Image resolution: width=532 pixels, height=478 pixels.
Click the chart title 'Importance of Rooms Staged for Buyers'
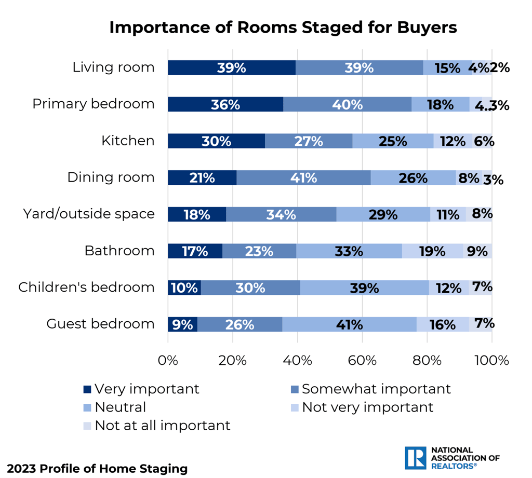click(x=283, y=28)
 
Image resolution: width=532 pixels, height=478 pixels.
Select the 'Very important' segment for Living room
click(x=232, y=67)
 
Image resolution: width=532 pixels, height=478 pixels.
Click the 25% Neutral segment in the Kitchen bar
click(x=393, y=141)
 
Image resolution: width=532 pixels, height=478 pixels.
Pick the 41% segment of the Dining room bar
click(x=303, y=177)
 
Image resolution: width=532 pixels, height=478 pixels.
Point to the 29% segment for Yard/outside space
click(x=383, y=214)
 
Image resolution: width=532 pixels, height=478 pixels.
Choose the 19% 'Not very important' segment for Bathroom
click(x=432, y=251)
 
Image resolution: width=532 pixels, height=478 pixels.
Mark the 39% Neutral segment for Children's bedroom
click(x=365, y=288)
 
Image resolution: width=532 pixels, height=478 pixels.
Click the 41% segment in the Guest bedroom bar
click(x=349, y=324)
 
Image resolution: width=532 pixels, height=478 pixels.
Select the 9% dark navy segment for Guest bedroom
click(x=182, y=324)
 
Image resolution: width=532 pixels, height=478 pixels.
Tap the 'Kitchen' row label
click(x=128, y=141)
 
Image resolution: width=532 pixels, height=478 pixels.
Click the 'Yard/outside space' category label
click(x=89, y=214)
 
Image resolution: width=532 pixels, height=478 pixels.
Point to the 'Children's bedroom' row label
click(x=86, y=287)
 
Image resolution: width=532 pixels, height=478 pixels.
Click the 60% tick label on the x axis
click(x=362, y=360)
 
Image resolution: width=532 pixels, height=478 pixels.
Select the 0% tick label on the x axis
click(x=168, y=360)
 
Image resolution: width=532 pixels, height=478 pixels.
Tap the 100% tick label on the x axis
click(x=491, y=360)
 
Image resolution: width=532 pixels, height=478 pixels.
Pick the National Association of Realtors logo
click(x=451, y=457)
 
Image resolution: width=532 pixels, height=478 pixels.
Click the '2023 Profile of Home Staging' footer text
click(x=97, y=469)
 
